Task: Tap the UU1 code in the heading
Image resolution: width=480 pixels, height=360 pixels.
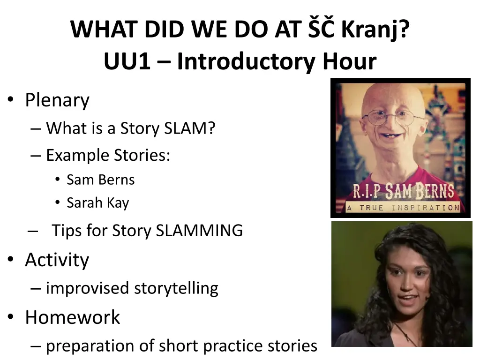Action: coord(127,61)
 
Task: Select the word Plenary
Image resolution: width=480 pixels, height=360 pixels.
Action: coord(57,100)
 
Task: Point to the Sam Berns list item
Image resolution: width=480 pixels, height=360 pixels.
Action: coord(101,180)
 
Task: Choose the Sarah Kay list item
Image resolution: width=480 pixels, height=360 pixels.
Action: coord(98,203)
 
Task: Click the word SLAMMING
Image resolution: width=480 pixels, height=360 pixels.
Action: coord(199,231)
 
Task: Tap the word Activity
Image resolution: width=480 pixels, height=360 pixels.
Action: coord(57,260)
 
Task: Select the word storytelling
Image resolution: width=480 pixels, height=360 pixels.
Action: coord(176,288)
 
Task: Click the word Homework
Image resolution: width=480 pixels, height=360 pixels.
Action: coord(73,317)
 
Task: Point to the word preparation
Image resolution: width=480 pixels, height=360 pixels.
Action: coord(90,346)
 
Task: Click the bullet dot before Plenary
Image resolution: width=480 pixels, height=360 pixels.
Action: coord(11,99)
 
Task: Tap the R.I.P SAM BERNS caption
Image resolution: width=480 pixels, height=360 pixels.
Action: coord(404,191)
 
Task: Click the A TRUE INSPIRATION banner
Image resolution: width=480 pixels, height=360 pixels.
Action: coord(403,208)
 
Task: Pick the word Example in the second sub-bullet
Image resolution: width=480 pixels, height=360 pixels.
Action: coord(78,156)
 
